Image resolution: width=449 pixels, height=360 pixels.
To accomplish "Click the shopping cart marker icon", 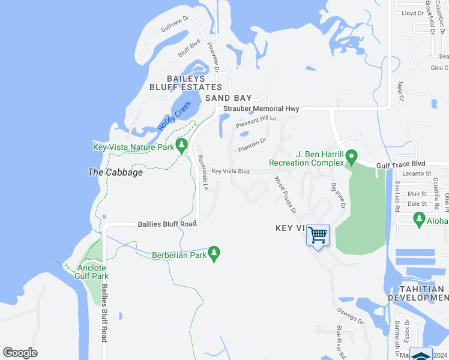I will [318, 234].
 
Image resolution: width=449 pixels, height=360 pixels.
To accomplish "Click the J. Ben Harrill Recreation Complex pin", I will [352, 158].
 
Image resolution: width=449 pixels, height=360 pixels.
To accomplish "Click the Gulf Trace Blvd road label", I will [400, 163].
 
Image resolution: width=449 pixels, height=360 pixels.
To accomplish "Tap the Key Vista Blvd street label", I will [231, 171].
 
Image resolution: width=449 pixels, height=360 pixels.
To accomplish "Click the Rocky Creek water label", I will [173, 116].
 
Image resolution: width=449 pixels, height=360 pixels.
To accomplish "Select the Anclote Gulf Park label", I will [91, 272].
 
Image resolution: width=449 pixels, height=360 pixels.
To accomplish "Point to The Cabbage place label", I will [115, 172].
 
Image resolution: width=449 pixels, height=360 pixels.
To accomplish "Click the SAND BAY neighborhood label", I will [228, 98].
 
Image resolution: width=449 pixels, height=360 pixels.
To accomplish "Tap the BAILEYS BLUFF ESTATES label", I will [186, 83].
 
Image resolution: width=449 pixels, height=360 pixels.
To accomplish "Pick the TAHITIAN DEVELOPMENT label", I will [417, 293].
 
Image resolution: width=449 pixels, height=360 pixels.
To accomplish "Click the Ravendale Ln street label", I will [203, 173].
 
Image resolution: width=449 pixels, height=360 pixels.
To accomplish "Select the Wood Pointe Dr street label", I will [286, 194].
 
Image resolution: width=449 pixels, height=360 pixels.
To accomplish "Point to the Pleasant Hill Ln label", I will [256, 122].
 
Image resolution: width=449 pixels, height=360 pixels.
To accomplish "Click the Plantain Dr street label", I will [252, 145].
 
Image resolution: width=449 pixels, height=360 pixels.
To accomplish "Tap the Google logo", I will [20, 353].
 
